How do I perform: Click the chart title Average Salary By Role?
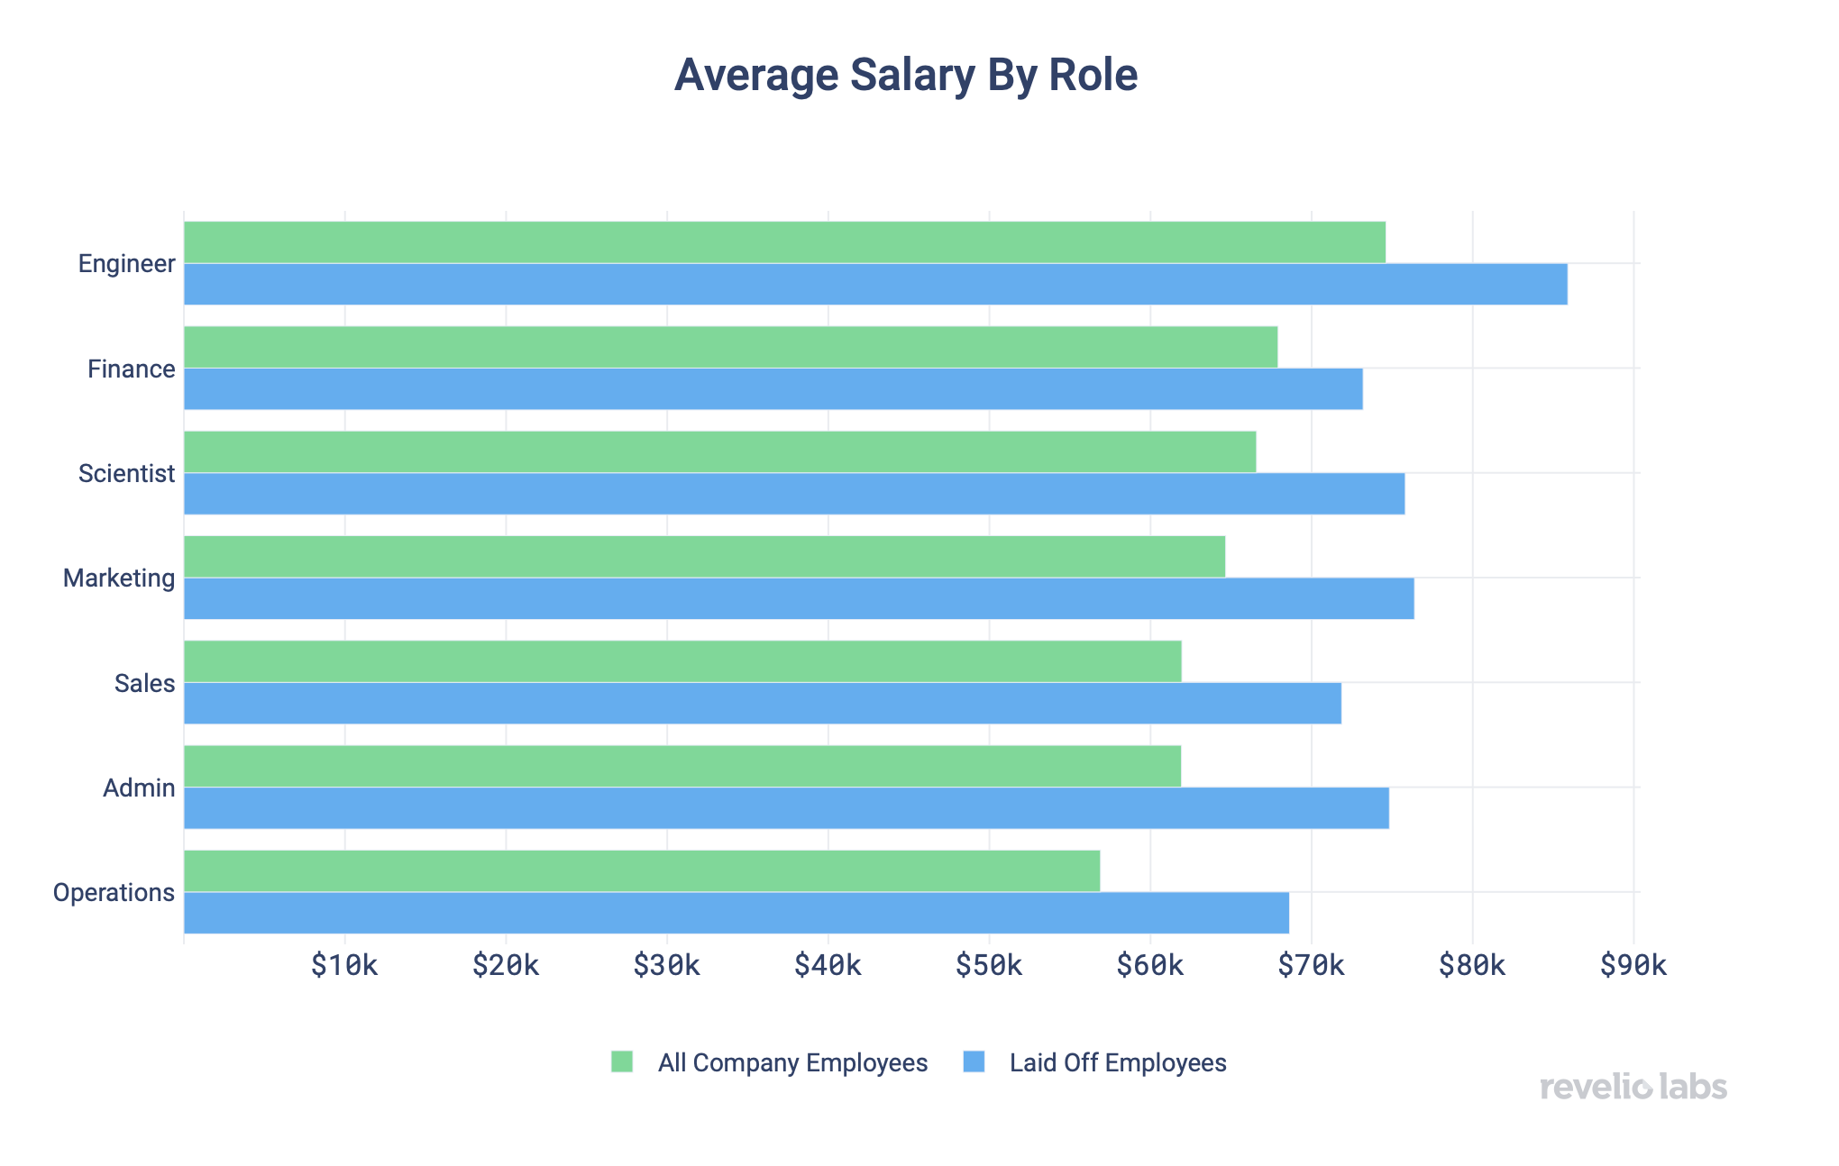coord(906,75)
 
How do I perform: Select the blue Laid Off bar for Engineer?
coord(874,285)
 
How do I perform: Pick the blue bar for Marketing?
coord(799,598)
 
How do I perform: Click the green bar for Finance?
coord(730,347)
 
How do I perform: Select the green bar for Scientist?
coord(719,451)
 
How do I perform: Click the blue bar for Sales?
coord(763,703)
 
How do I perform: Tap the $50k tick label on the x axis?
coord(989,966)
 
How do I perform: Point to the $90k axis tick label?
coord(1633,966)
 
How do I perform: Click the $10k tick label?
coord(344,966)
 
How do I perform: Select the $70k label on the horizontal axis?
coord(1311,966)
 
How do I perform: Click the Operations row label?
coord(114,893)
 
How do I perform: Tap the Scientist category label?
coord(126,474)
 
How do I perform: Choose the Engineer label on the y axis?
coord(126,264)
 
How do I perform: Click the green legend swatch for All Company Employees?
coord(622,1061)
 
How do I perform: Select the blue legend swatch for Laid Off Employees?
coord(974,1061)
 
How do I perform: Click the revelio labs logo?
coord(1633,1087)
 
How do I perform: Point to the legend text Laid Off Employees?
coord(1118,1063)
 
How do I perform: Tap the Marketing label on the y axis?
coord(119,578)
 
